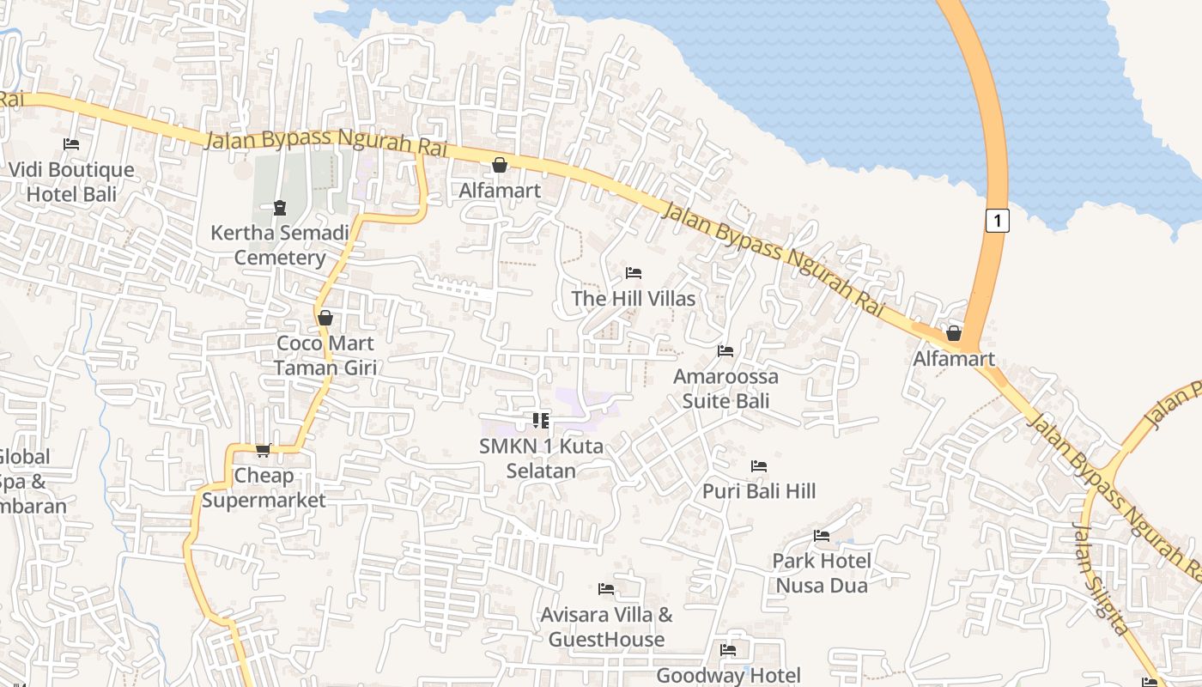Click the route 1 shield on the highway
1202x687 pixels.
(996, 221)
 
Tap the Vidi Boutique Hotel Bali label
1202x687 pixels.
(71, 182)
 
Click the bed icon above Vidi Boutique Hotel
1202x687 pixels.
(71, 144)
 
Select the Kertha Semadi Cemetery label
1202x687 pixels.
(280, 246)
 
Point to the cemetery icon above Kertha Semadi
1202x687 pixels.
(279, 207)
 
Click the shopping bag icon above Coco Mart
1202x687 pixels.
(325, 319)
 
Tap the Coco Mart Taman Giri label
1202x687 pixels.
(325, 356)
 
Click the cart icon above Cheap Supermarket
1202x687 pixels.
(264, 450)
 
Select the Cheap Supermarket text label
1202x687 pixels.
(264, 488)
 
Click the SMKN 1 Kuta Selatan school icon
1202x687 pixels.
(541, 421)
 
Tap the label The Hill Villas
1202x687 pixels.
(634, 299)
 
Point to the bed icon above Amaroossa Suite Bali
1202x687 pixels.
(725, 351)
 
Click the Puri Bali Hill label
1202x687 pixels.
(759, 491)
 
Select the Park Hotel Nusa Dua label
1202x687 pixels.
(822, 573)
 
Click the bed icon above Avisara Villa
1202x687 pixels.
(606, 589)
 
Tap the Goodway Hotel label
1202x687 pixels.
(728, 676)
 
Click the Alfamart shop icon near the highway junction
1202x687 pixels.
(953, 333)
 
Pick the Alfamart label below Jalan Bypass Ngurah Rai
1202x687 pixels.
(500, 191)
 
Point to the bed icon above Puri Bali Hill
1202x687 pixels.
(759, 466)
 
